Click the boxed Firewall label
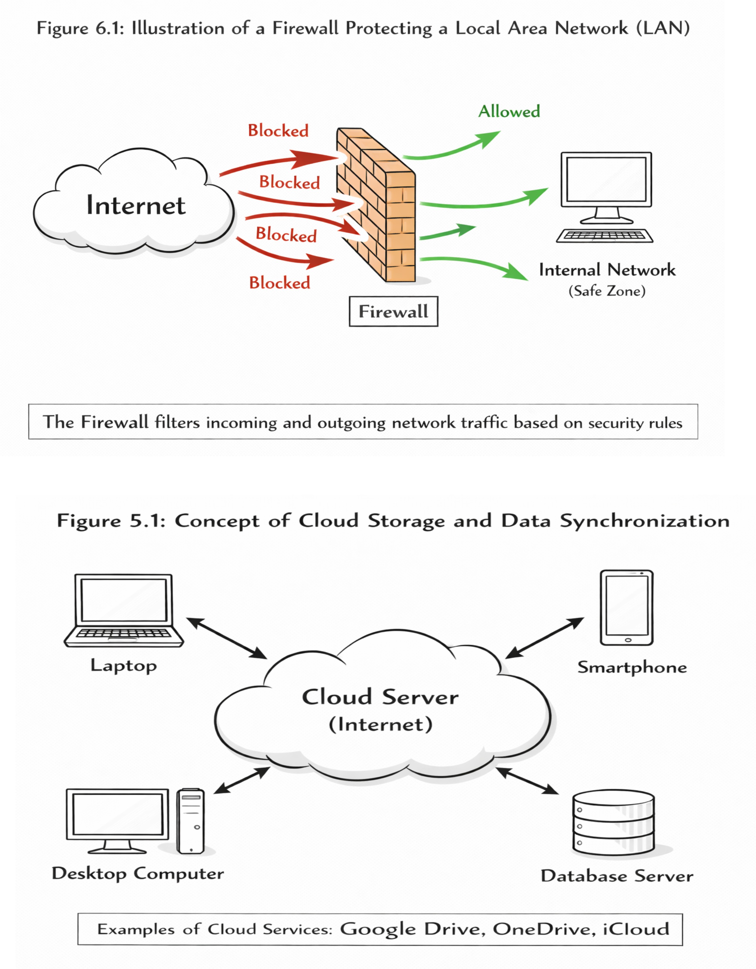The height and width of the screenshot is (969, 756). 394,311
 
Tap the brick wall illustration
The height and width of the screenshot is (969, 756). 376,205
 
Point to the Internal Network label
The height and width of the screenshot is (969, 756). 607,270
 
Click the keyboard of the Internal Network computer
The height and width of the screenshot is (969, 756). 605,235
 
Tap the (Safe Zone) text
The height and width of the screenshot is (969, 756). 607,291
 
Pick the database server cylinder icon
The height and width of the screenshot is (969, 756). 613,823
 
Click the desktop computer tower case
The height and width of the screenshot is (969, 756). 191,821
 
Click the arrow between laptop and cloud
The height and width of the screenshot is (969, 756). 227,638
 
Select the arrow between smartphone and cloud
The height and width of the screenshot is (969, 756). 545,638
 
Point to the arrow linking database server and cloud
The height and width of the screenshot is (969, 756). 527,781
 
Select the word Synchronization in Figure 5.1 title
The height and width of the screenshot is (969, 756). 645,521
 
